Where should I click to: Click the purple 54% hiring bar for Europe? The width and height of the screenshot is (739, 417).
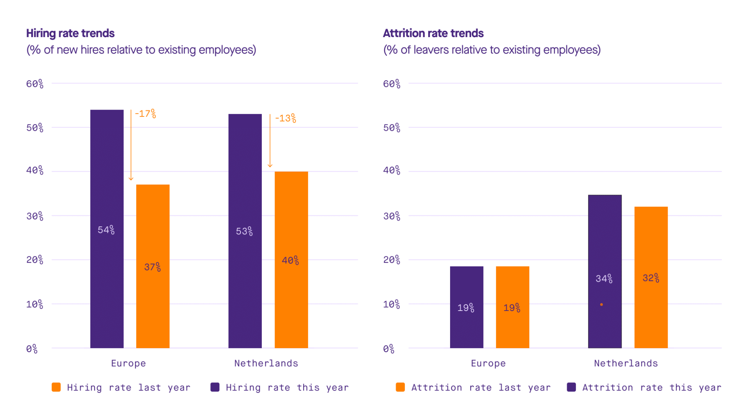point(107,229)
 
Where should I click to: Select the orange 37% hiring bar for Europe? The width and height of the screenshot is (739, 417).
point(153,266)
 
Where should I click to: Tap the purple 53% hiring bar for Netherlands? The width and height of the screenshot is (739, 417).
point(245,231)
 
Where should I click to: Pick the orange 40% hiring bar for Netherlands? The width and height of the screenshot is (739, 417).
point(291,260)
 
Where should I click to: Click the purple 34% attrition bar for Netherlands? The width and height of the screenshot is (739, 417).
point(605,271)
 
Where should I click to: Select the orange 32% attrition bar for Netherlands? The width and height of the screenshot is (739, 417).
point(651,277)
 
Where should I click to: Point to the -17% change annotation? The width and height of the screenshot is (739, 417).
point(146,114)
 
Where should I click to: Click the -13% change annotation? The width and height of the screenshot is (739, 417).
point(285,118)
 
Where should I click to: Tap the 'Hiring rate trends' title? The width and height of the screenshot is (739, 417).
point(70,33)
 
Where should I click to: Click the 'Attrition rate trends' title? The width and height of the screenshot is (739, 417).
point(433,33)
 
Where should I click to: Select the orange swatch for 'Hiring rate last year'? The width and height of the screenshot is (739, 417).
point(56,387)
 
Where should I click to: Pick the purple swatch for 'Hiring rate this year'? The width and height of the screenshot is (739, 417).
point(215,387)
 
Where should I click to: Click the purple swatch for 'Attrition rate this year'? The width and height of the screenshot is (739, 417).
point(571,387)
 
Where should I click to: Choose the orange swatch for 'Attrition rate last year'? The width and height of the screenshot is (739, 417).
point(400,387)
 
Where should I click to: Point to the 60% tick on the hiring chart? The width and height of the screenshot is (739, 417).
point(35,84)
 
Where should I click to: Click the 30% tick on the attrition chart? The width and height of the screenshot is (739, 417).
point(392,216)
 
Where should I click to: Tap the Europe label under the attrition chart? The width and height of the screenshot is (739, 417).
point(488,363)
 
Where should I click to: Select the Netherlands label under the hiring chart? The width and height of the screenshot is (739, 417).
point(266,363)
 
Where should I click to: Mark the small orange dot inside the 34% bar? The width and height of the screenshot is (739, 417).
point(601,305)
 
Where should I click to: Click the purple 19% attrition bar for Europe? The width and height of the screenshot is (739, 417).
point(467,307)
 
